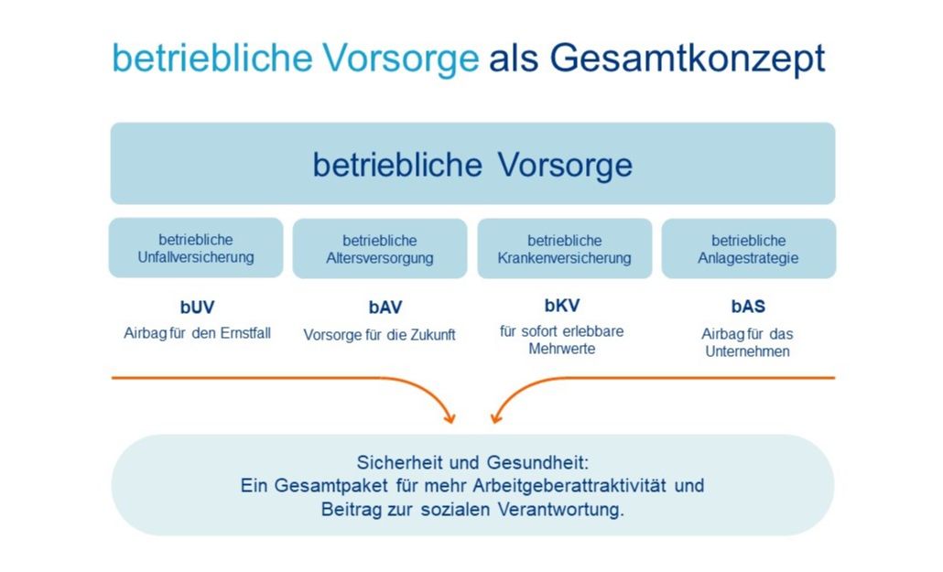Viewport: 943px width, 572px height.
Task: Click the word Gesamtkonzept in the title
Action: click(x=687, y=59)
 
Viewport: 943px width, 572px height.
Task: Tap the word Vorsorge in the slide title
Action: click(x=400, y=58)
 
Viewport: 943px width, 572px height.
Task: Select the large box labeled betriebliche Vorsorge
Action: click(x=472, y=164)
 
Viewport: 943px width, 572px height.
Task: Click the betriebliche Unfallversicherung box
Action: click(x=196, y=248)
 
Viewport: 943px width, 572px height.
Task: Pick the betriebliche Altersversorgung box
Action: click(x=380, y=248)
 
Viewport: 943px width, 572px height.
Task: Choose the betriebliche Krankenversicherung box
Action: click(x=565, y=248)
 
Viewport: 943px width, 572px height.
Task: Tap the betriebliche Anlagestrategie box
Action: click(x=749, y=248)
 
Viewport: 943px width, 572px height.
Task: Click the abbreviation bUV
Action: click(x=197, y=308)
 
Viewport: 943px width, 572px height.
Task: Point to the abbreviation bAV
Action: click(x=385, y=308)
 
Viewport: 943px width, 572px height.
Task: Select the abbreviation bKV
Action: click(x=562, y=306)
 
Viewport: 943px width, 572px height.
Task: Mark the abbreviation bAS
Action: click(x=748, y=307)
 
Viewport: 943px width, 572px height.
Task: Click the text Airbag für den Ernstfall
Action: click(x=197, y=333)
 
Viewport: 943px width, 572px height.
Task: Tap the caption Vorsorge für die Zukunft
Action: click(x=379, y=335)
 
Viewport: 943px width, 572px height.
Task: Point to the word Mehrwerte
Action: click(x=562, y=349)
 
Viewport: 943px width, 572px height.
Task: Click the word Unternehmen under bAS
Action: click(x=748, y=351)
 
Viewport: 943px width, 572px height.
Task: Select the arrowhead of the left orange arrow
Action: click(x=450, y=417)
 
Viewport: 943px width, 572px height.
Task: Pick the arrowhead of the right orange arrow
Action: click(x=497, y=417)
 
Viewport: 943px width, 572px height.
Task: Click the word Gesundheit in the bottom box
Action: click(x=538, y=462)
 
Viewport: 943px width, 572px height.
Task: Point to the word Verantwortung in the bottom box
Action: click(x=560, y=510)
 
